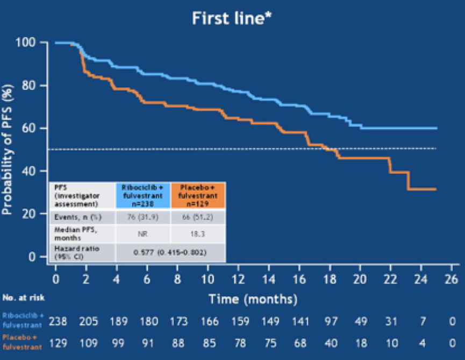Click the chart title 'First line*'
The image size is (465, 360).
point(232,18)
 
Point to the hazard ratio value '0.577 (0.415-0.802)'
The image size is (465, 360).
point(170,252)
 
